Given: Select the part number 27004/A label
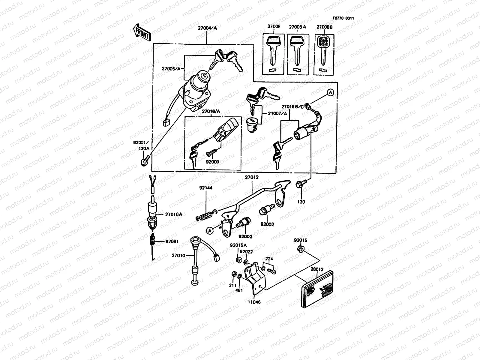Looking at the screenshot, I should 207,28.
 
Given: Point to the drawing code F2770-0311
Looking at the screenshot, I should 343,18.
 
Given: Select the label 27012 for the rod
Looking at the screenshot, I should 251,177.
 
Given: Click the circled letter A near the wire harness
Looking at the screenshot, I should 330,93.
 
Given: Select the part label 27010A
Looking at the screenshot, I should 173,214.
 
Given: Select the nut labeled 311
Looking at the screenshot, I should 234,274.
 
